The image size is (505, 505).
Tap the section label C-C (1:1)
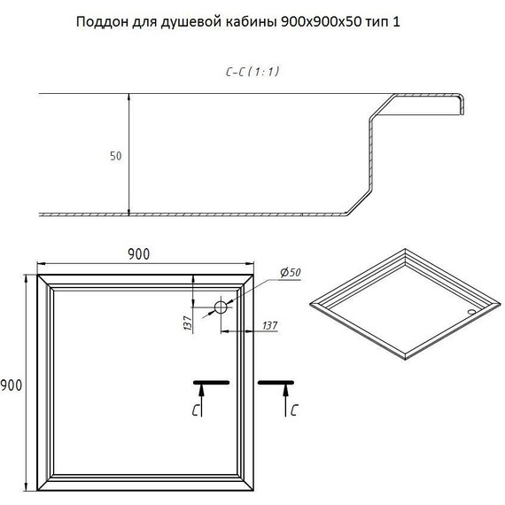(x=252, y=72)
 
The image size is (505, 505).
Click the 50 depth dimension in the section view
(x=115, y=156)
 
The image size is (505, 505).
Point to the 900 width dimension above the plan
(x=138, y=253)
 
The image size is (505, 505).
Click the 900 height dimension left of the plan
(x=12, y=385)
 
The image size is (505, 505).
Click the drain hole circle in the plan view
(x=220, y=307)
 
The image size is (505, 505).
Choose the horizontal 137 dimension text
(x=269, y=326)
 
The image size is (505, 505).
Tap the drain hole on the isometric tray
(x=472, y=311)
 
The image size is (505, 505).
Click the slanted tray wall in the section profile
(x=358, y=198)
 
